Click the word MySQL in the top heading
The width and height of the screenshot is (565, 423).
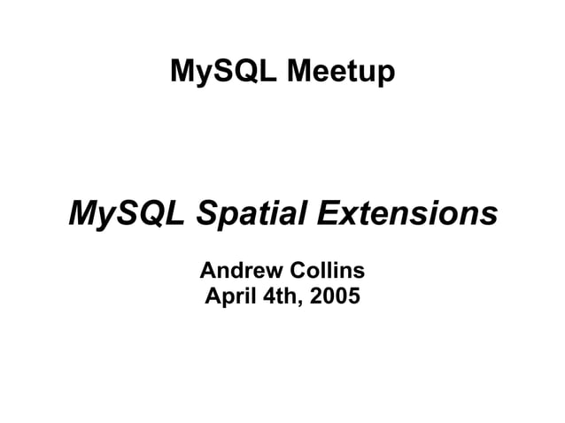(x=223, y=72)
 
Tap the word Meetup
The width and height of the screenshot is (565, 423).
(x=340, y=72)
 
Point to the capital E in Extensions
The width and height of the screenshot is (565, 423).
(x=329, y=213)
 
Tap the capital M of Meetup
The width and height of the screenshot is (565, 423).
(x=299, y=72)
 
